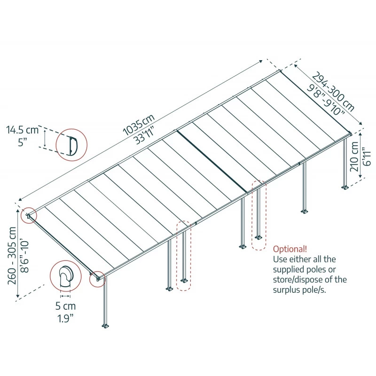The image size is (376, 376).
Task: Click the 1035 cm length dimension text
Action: [x=139, y=124]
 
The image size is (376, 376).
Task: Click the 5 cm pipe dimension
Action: [x=65, y=306]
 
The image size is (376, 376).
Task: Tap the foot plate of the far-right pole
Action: [x=346, y=188]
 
